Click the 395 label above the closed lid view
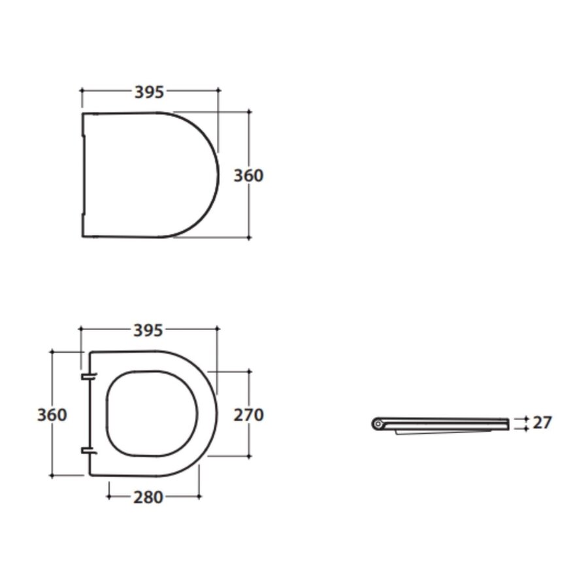(149, 92)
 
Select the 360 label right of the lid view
(248, 176)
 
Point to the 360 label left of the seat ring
(52, 415)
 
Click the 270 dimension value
(248, 414)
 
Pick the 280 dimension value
(148, 497)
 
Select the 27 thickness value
(542, 423)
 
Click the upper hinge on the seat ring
(88, 377)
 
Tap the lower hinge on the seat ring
(88, 451)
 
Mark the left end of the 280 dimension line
(108, 497)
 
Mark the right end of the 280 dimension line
(200, 497)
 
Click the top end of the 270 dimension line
(249, 371)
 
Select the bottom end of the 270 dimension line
(249, 456)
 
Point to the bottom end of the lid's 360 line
(249, 238)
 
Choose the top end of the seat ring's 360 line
(52, 351)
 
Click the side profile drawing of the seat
(444, 424)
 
